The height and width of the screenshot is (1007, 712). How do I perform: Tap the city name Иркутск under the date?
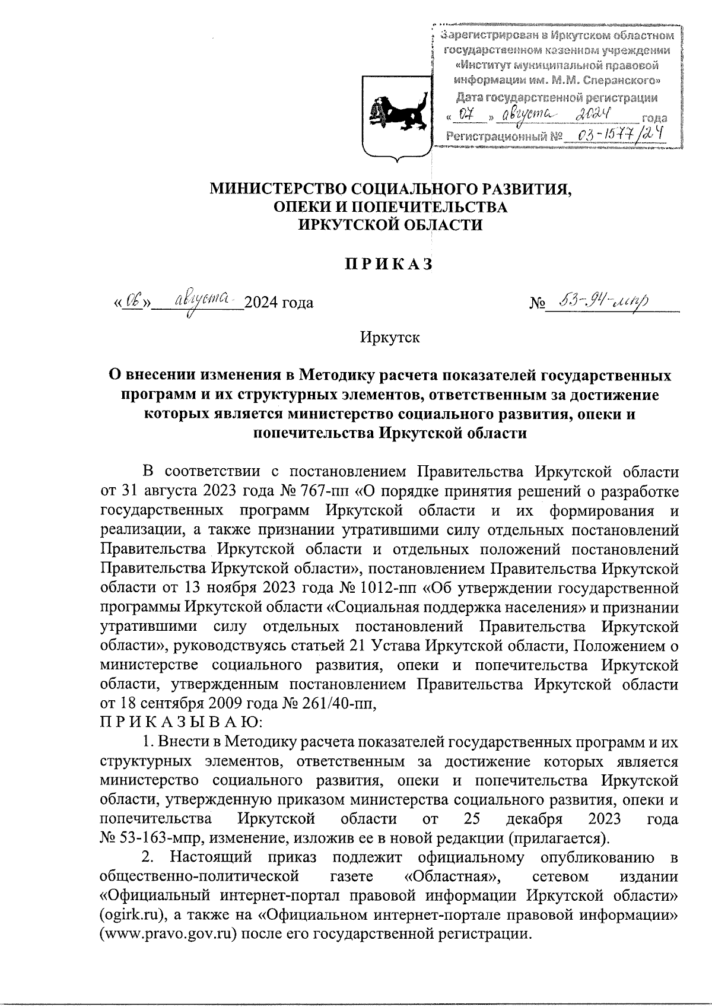pyautogui.click(x=389, y=338)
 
